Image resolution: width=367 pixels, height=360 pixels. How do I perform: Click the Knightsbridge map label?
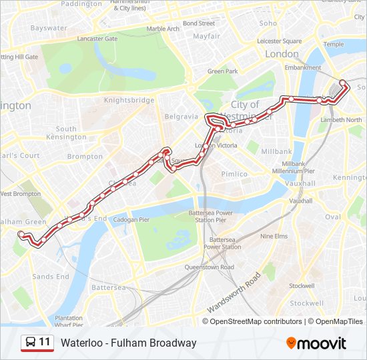[x=129, y=100]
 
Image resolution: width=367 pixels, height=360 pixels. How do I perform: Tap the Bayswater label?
[x=49, y=28]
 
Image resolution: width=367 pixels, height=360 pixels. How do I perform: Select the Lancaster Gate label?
[x=98, y=39]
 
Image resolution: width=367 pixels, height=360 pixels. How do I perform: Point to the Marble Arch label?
[x=163, y=29]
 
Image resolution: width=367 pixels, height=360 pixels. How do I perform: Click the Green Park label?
[x=223, y=71]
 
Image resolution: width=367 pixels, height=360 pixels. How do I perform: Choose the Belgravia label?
[x=182, y=116]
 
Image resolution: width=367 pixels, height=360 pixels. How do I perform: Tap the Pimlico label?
[x=234, y=174]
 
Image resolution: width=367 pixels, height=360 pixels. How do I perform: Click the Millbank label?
[x=276, y=151]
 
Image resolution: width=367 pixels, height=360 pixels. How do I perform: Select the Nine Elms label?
[x=274, y=236]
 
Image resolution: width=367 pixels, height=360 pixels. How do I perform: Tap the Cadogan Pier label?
[x=131, y=219]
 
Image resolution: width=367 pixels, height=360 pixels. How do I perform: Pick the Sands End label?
[x=51, y=277]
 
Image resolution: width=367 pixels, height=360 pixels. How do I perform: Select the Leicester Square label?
[x=279, y=41]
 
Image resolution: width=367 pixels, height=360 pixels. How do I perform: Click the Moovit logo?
[x=316, y=343]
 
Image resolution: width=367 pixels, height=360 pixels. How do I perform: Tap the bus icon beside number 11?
[x=30, y=343]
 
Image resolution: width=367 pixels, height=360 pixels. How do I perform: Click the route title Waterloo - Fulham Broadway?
[x=129, y=343]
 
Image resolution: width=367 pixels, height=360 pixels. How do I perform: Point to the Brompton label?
[x=85, y=157]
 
